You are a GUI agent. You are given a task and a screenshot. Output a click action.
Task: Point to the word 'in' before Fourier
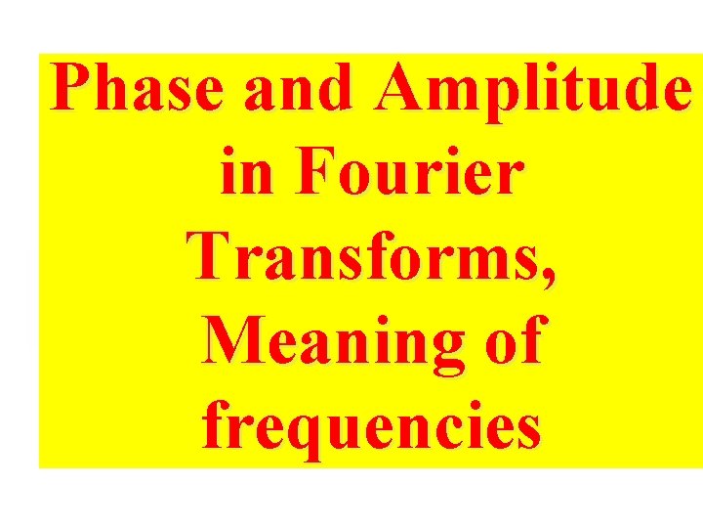[240, 174]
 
